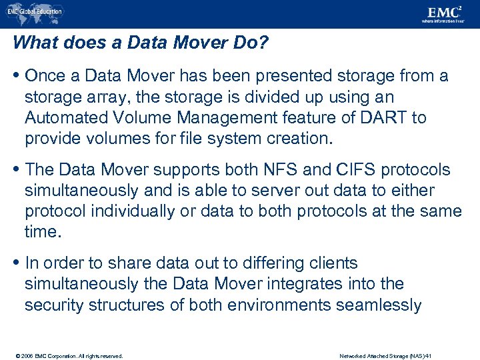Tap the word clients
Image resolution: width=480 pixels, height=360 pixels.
[335, 263]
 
